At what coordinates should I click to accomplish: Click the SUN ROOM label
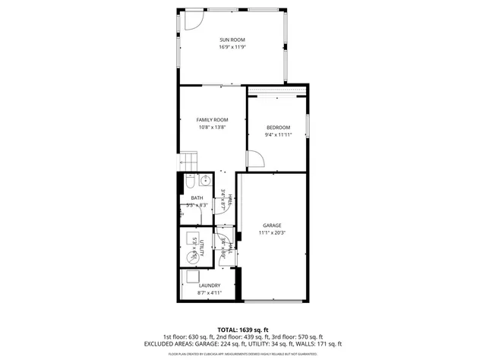pos(232,39)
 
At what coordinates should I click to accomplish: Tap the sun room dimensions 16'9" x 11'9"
pos(232,47)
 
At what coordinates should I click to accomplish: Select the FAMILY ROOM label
pos(212,120)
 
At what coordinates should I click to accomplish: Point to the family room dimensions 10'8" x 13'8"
pos(212,128)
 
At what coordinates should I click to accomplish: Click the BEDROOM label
pos(278,127)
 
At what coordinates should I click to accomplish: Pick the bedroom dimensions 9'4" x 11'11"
pos(278,134)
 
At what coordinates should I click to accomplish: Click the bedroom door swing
pos(256,160)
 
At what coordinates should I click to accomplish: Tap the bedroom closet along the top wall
pos(276,92)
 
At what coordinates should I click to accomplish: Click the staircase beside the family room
pos(188,162)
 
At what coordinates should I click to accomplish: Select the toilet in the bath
pos(190,182)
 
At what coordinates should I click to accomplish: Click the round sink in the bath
pos(204,182)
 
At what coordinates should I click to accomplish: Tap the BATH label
pos(197,198)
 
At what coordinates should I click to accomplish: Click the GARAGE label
pos(272,226)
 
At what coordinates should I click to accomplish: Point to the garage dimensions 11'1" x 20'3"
pos(272,233)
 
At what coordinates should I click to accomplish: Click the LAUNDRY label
pos(210,286)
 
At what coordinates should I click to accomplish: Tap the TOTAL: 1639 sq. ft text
pos(242,330)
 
